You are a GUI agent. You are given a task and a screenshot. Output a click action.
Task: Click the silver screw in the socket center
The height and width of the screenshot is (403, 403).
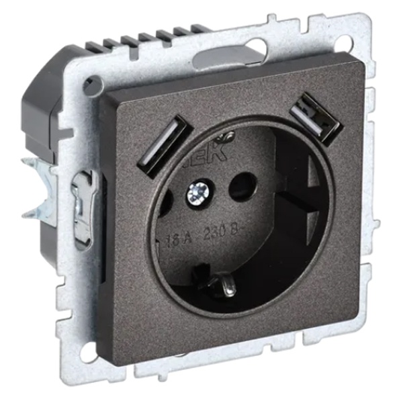pyautogui.click(x=199, y=193)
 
